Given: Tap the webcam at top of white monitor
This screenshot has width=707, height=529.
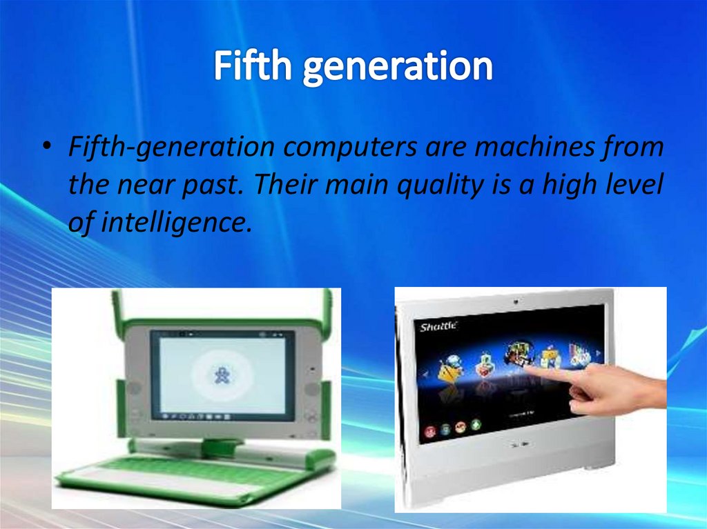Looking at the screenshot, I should (514, 301).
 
